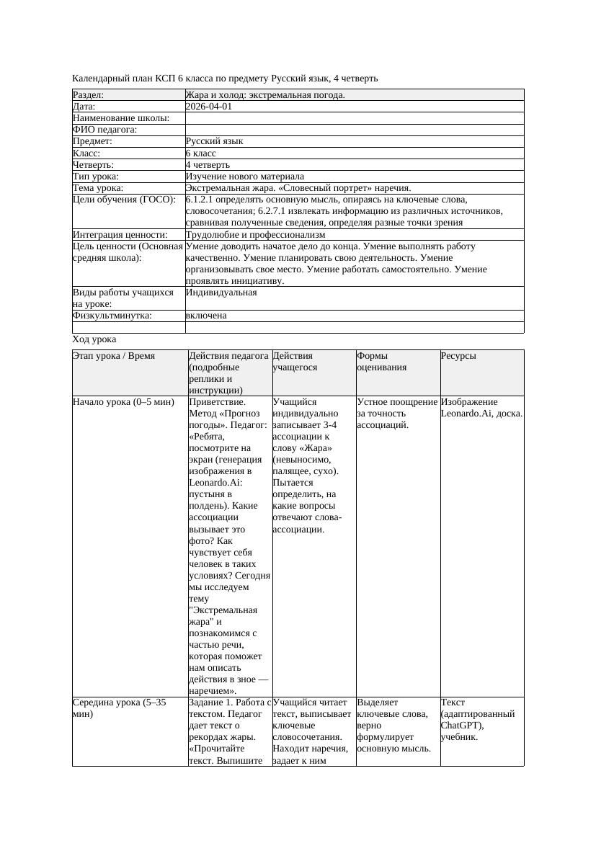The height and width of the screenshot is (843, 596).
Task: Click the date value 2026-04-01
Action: point(209,107)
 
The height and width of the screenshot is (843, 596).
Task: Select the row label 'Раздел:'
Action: point(89,95)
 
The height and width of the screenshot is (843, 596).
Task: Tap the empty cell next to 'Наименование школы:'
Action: point(354,118)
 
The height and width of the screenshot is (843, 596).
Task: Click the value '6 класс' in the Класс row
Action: point(201,153)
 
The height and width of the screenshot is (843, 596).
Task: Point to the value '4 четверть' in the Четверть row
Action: point(208,165)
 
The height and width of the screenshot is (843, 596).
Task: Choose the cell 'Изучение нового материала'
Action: point(244,177)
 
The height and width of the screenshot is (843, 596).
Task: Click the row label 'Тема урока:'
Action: point(98,188)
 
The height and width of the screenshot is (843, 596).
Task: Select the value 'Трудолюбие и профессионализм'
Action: point(255,235)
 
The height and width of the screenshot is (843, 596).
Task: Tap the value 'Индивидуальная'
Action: point(221,293)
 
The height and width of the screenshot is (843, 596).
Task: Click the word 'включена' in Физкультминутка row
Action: point(206,316)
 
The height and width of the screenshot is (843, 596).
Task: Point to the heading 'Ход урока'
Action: point(94,339)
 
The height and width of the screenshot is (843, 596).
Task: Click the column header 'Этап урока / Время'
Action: point(114,356)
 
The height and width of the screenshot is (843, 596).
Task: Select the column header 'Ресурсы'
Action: point(458,356)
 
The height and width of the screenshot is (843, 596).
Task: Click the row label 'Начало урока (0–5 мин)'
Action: point(124,402)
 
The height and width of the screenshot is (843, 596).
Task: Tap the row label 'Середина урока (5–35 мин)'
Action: point(120,708)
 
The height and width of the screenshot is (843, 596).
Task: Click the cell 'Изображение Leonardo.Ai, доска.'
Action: point(481,408)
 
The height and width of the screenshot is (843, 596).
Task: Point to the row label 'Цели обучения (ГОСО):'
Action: point(124,200)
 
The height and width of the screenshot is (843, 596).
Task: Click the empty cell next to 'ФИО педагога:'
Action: point(354,130)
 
